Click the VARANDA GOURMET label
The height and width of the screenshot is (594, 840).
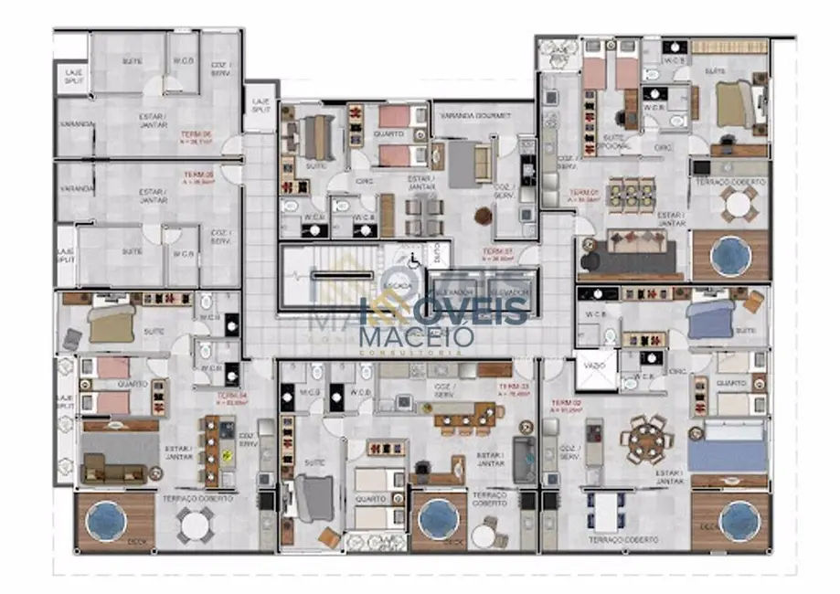coord(473,117)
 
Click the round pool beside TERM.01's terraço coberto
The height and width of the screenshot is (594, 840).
coord(730,254)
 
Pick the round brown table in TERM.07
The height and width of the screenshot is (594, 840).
coord(483,216)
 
